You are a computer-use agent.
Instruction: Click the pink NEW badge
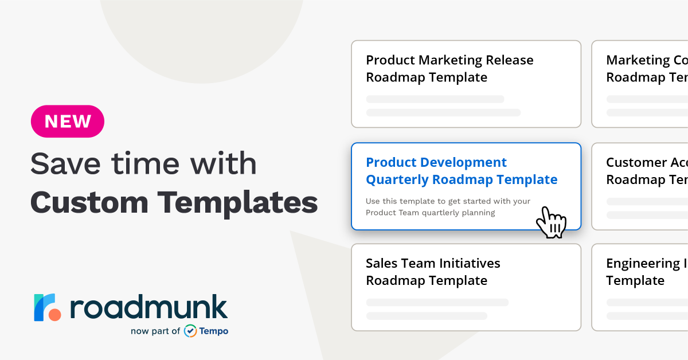point(68,122)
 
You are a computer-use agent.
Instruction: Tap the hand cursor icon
point(551,222)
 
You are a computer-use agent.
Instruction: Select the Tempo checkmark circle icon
point(190,331)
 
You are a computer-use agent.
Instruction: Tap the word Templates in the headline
point(237,202)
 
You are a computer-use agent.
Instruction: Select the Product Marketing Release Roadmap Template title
point(449,69)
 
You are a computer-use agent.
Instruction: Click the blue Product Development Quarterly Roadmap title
point(461,171)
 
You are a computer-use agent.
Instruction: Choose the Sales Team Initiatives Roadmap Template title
point(433,272)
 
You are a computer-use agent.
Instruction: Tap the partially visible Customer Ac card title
point(647,171)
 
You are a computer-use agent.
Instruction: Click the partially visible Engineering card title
point(647,272)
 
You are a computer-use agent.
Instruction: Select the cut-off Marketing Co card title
point(647,69)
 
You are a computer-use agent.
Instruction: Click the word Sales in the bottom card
point(382,263)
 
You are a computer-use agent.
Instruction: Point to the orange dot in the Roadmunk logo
point(54,315)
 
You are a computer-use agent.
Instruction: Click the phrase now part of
point(155,331)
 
